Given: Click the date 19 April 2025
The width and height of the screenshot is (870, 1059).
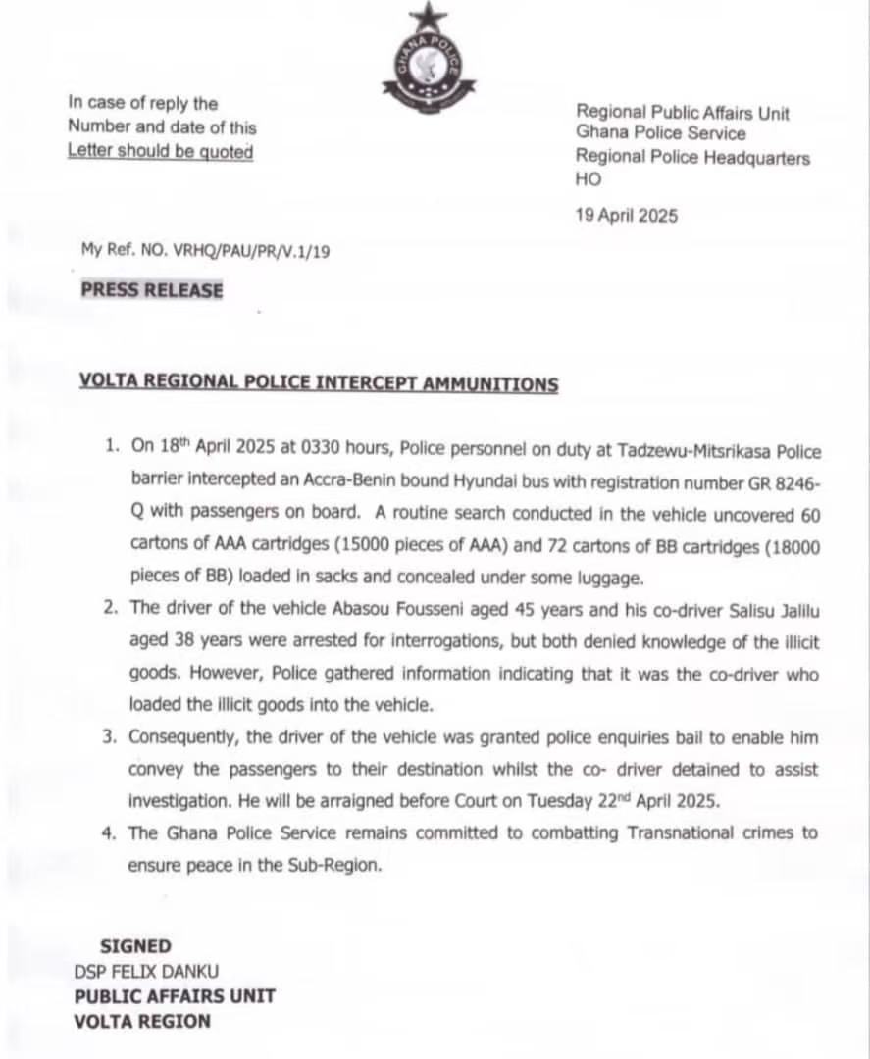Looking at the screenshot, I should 626,216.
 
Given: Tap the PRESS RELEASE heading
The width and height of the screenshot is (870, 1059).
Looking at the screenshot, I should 152,290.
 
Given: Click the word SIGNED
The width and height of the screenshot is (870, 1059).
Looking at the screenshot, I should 135,946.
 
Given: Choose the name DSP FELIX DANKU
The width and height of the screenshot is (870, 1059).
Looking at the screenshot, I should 147,972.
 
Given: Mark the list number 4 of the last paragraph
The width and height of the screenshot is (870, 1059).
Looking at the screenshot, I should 112,832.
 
